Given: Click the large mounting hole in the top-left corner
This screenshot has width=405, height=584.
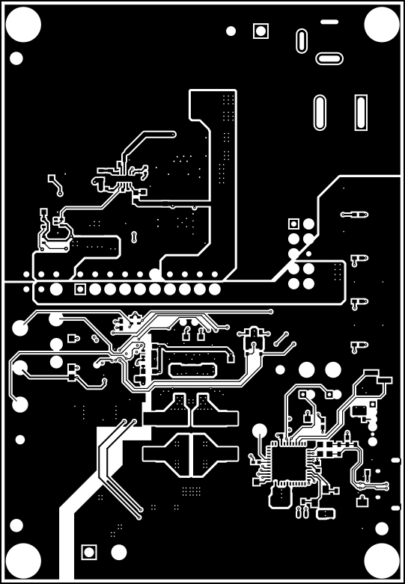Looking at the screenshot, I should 23,25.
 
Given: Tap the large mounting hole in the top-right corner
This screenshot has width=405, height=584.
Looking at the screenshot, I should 381,25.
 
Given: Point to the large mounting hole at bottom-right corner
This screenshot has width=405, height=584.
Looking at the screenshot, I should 381,559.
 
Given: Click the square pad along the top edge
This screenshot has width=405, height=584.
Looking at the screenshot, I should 261,31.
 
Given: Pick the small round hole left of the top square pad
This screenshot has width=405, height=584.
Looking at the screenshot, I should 231,31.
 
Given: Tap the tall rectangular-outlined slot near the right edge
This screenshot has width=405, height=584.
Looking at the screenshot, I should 362,113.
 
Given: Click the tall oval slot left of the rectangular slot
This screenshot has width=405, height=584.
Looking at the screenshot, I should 320,112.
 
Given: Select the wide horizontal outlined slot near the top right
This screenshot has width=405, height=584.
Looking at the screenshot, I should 329,58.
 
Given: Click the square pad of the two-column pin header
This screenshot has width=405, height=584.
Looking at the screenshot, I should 293,223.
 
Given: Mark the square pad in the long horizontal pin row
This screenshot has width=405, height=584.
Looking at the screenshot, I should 80,289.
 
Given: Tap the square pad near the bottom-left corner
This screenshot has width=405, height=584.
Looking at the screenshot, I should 88,553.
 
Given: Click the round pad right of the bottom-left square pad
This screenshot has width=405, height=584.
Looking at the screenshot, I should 118,553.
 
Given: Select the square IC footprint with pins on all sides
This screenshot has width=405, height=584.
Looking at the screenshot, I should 287,466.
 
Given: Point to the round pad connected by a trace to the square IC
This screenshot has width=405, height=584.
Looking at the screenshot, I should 260,431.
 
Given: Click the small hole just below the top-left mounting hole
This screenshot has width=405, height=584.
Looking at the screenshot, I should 16,58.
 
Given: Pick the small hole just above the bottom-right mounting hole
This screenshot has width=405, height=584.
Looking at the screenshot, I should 381,527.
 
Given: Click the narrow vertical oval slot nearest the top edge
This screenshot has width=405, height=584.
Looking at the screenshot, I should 301,41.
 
